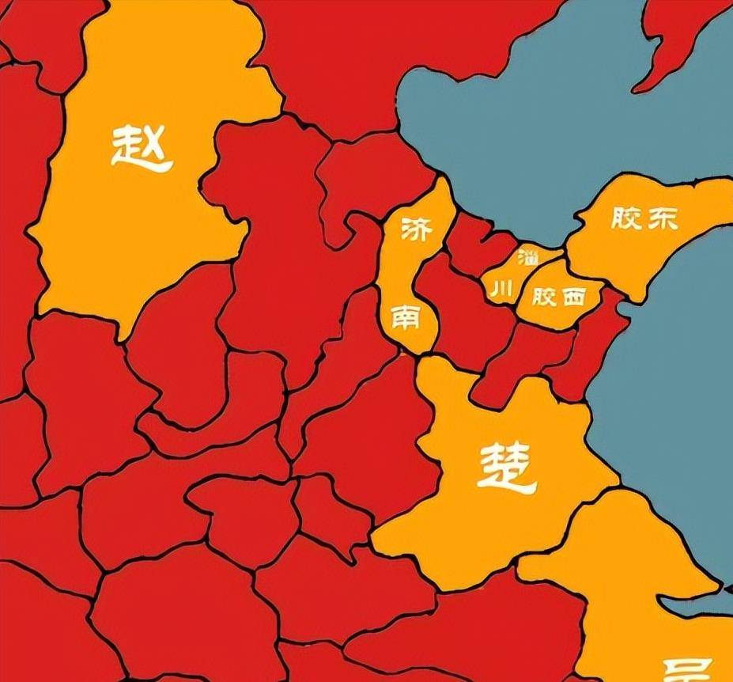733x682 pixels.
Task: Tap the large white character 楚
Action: (506, 467)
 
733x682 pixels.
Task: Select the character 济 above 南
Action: (417, 229)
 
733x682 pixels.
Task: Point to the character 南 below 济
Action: (406, 318)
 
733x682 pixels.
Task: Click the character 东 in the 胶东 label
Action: (662, 218)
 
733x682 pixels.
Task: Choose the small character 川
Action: (501, 290)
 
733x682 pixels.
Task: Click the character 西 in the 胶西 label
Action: (573, 297)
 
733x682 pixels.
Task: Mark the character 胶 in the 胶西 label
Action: (545, 297)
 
